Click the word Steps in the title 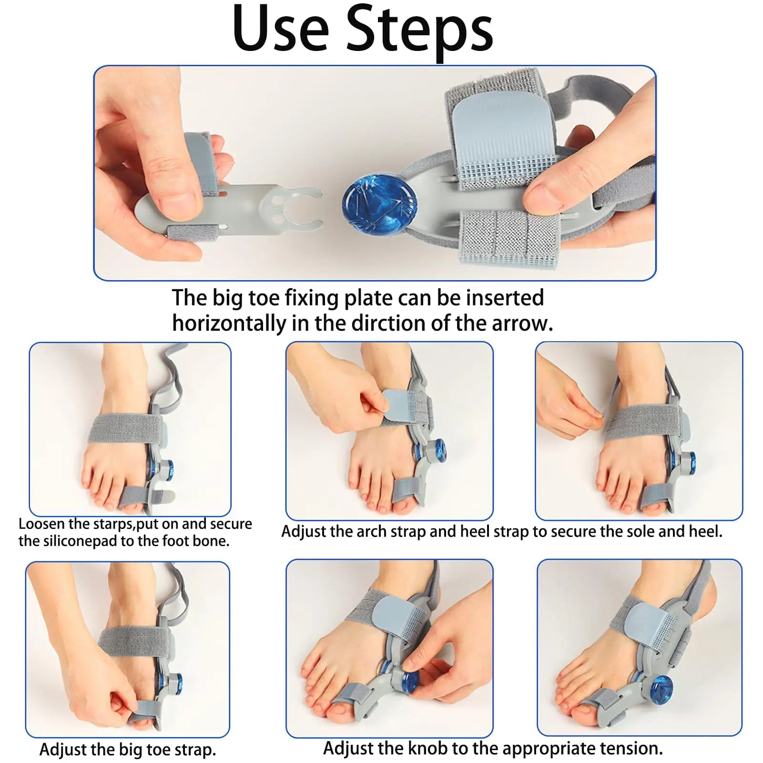point(419,30)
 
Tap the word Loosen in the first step point(41,524)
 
